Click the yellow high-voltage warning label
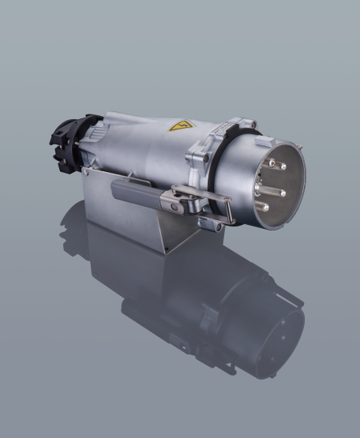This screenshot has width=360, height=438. click(x=181, y=125)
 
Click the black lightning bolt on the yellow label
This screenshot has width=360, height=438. click(x=181, y=125)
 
